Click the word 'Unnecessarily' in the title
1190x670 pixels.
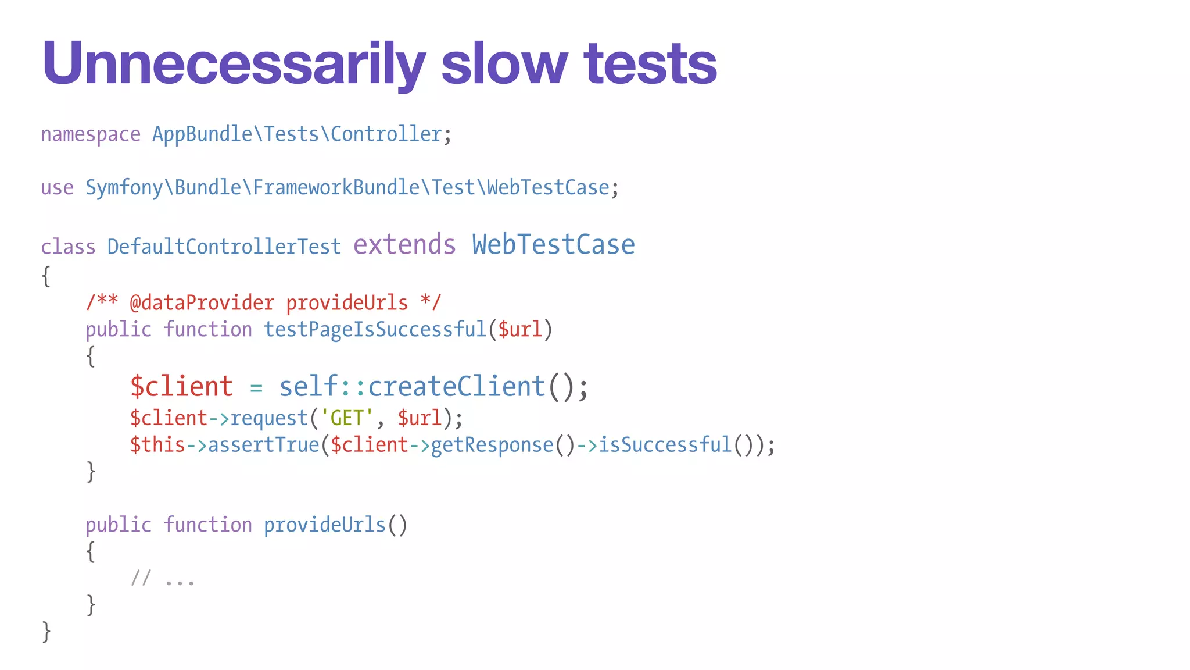(x=234, y=64)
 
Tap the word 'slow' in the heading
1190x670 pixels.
(x=504, y=64)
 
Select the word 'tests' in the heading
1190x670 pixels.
(x=650, y=64)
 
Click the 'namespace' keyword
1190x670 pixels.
(x=91, y=135)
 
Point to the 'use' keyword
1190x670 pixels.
(x=57, y=188)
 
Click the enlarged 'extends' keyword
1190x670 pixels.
(x=404, y=245)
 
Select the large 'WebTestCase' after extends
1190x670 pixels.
(x=553, y=245)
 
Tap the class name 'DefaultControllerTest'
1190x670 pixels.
(x=224, y=247)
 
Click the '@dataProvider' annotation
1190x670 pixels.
(x=202, y=303)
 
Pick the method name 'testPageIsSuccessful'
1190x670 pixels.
(x=375, y=330)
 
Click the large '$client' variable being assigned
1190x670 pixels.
(x=181, y=387)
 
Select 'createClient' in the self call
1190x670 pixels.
(x=457, y=387)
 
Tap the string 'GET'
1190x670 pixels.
(x=347, y=418)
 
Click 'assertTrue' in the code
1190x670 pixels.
(x=264, y=445)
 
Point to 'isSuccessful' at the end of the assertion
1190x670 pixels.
(x=665, y=445)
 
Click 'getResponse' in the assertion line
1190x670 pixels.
(x=492, y=445)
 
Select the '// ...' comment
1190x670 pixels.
(x=163, y=579)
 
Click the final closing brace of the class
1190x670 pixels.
(x=46, y=632)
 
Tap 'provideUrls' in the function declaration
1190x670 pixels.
(x=325, y=525)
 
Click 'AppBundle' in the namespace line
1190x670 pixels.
(x=202, y=135)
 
